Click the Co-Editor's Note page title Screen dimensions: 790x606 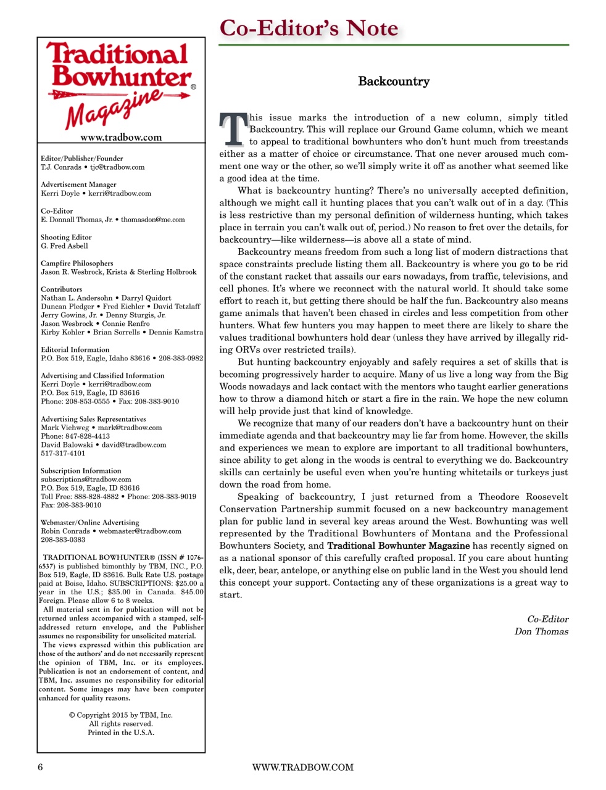click(309, 28)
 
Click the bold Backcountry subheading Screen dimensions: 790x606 click(393, 81)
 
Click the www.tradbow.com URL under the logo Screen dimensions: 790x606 click(121, 137)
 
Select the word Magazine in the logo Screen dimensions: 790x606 click(114, 109)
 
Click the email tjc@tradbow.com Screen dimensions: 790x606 click(117, 167)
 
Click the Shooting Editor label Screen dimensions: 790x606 click(66, 237)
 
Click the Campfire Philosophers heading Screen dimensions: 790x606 click(77, 263)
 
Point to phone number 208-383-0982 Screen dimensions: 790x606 click(181, 358)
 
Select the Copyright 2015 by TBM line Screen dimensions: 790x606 click(121, 715)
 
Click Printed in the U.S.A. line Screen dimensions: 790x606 click(121, 733)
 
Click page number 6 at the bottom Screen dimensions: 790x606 click(40, 767)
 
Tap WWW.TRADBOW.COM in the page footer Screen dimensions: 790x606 click(302, 767)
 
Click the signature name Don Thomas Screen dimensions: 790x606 click(541, 631)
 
